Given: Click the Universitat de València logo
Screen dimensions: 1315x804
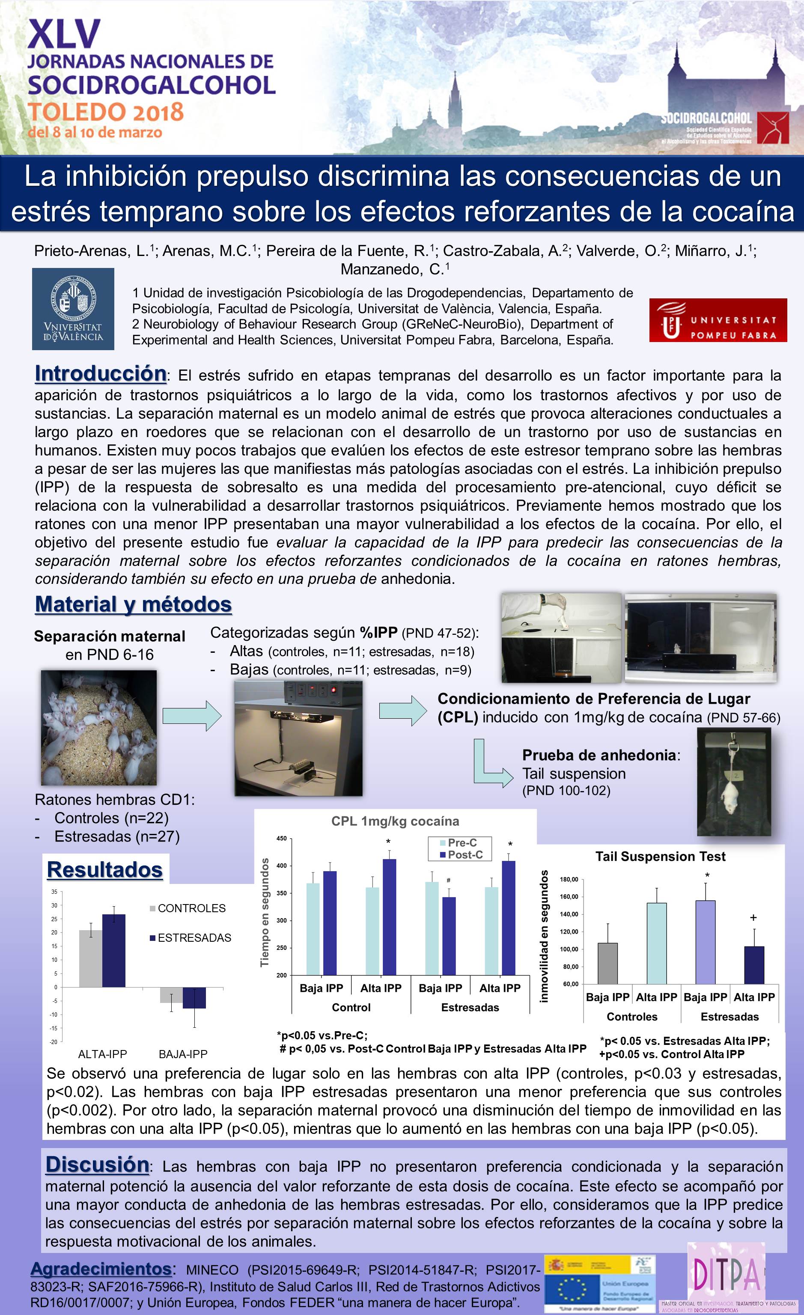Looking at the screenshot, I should (73, 309).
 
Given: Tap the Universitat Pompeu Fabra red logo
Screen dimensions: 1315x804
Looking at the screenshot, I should (718, 320).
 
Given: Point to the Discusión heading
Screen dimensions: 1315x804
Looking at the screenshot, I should (97, 1164).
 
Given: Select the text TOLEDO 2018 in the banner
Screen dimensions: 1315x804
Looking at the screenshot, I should (106, 112).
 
